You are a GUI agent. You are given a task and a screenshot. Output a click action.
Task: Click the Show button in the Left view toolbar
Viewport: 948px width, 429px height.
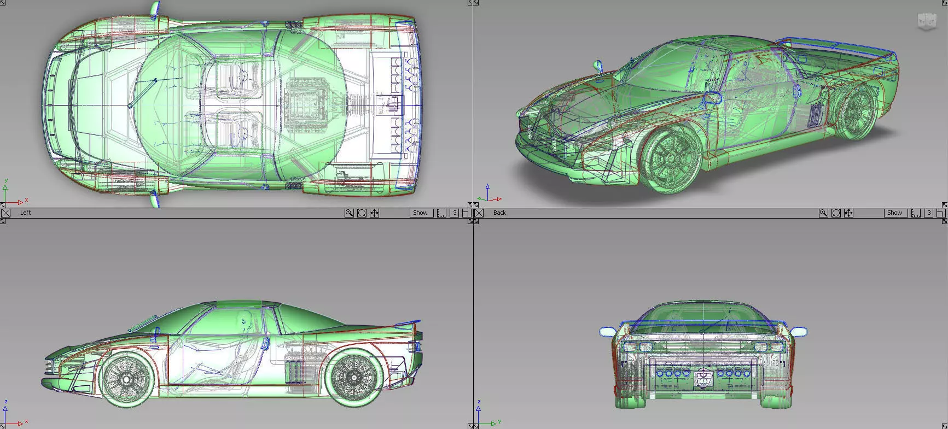tap(420, 213)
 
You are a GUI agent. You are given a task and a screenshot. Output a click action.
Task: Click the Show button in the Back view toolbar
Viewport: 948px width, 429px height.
tap(894, 213)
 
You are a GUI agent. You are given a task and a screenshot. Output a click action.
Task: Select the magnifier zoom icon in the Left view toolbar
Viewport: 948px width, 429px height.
tap(349, 213)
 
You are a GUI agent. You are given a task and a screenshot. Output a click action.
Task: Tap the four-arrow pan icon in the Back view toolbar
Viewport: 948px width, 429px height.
tap(848, 213)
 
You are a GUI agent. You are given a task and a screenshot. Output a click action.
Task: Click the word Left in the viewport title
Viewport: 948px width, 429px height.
tap(25, 213)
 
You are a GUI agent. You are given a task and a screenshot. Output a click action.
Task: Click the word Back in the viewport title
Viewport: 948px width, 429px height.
tap(499, 213)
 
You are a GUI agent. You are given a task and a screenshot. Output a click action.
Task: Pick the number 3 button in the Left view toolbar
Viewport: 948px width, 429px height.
tap(454, 213)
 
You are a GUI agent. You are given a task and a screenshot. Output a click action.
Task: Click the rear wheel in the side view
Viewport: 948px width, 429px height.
tap(354, 377)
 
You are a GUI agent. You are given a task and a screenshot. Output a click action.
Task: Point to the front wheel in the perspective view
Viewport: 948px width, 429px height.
tap(672, 159)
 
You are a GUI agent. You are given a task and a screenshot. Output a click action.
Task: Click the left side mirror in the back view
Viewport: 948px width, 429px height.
tap(607, 331)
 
